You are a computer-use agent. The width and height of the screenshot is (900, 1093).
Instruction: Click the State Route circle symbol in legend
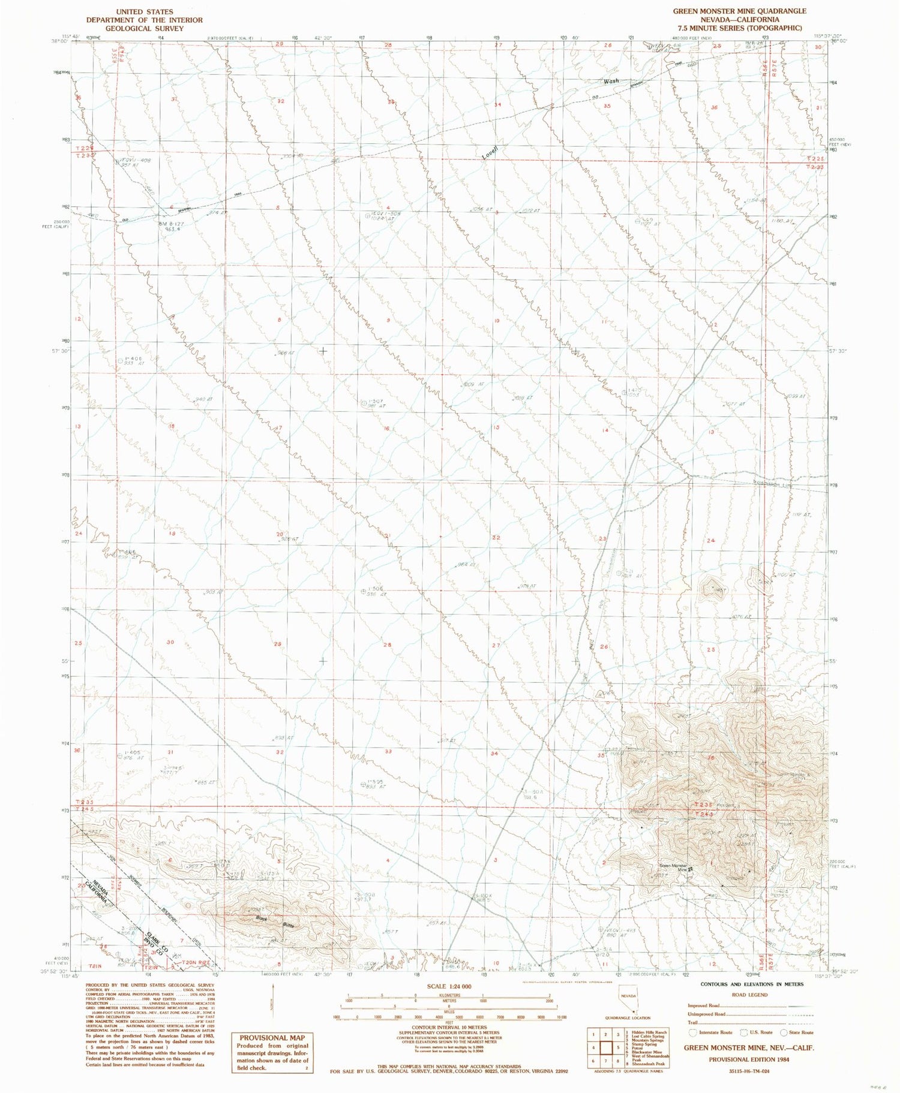[x=783, y=1032]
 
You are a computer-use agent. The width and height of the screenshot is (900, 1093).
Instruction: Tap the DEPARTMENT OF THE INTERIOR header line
[x=144, y=20]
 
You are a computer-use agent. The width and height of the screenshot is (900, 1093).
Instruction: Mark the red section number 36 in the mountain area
[x=712, y=758]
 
